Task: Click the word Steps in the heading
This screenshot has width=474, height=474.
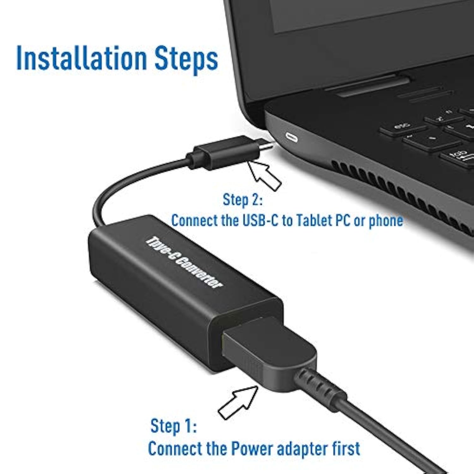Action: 186,59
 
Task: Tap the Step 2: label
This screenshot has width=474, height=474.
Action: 242,200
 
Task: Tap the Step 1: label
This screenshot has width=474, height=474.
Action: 173,426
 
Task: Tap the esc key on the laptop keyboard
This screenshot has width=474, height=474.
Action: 402,126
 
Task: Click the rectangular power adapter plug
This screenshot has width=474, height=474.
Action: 269,352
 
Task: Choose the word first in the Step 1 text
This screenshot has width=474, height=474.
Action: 346,449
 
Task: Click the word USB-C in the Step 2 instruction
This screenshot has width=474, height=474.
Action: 260,221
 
